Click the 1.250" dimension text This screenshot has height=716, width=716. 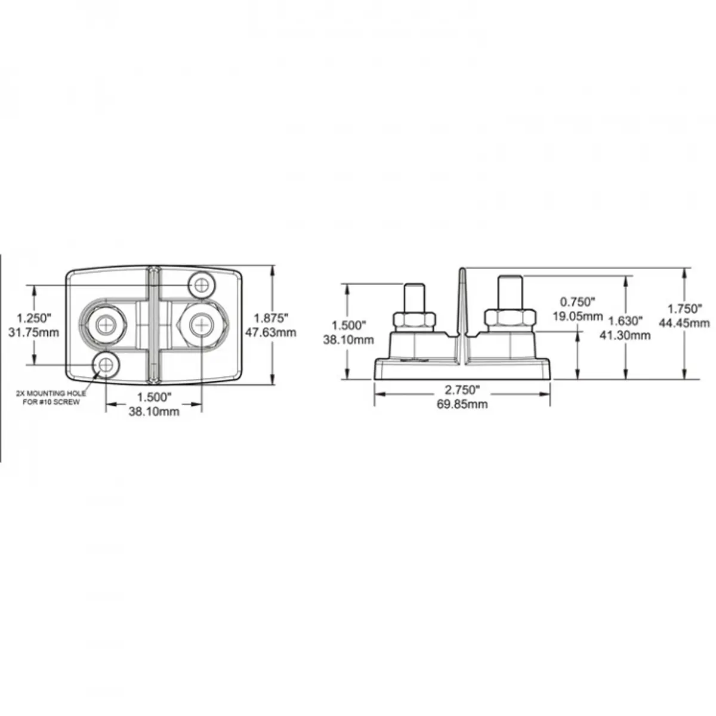click(x=34, y=318)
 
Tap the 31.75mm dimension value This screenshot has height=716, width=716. click(x=34, y=332)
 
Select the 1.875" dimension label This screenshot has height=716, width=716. click(x=271, y=318)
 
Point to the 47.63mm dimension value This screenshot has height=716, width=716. click(x=271, y=332)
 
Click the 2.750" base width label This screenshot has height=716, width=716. click(x=462, y=390)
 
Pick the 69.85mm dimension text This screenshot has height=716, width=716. click(x=462, y=404)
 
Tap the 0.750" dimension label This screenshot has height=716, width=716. click(x=578, y=302)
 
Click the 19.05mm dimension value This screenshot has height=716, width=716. click(x=578, y=316)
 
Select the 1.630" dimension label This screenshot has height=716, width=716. click(x=625, y=320)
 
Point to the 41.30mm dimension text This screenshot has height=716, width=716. click(x=625, y=335)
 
